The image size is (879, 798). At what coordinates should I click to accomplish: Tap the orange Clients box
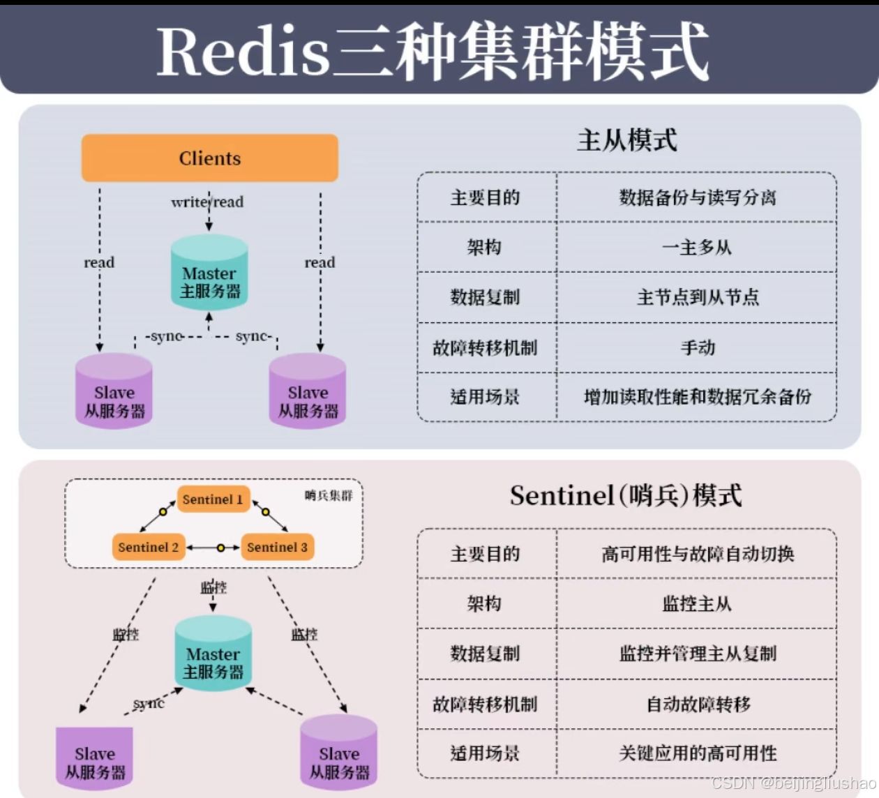[210, 158]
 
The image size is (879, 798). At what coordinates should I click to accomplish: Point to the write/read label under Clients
[208, 202]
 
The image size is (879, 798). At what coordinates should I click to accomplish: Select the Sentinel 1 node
[213, 499]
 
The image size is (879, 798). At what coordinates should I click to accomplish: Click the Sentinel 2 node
[148, 548]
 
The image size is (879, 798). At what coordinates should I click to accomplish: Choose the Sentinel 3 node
[277, 548]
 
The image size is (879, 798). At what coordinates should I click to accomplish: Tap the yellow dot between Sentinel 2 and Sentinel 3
[220, 548]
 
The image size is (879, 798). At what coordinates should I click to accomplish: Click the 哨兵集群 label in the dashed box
[329, 495]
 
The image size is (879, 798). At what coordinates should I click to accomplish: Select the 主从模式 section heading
[626, 140]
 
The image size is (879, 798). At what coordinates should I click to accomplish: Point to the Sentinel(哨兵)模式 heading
[626, 496]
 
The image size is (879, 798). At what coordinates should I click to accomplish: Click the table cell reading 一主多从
[696, 248]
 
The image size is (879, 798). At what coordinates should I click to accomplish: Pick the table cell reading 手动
[698, 347]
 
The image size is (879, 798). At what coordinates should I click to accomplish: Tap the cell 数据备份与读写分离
[697, 197]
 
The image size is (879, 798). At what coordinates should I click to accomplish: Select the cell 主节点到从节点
[697, 298]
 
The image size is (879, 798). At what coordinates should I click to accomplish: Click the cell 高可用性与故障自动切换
[697, 554]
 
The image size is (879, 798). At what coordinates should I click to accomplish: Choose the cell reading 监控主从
[696, 604]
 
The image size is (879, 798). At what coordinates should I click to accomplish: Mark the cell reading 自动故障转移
[698, 705]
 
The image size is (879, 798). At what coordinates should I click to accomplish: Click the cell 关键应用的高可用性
[697, 753]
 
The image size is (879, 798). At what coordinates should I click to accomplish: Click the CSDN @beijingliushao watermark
[794, 783]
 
